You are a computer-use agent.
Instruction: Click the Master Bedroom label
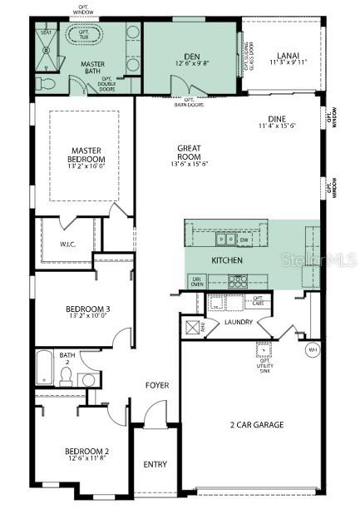tap(86, 155)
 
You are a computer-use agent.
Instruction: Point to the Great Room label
tap(189, 152)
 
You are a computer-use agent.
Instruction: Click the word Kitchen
tap(226, 261)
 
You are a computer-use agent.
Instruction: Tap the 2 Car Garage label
tap(257, 425)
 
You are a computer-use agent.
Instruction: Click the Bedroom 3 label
tap(87, 310)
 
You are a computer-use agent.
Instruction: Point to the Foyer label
tap(157, 386)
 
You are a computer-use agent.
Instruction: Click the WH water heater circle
tap(313, 349)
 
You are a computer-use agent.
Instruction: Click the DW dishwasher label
tap(244, 240)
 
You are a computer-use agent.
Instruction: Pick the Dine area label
tap(277, 122)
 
